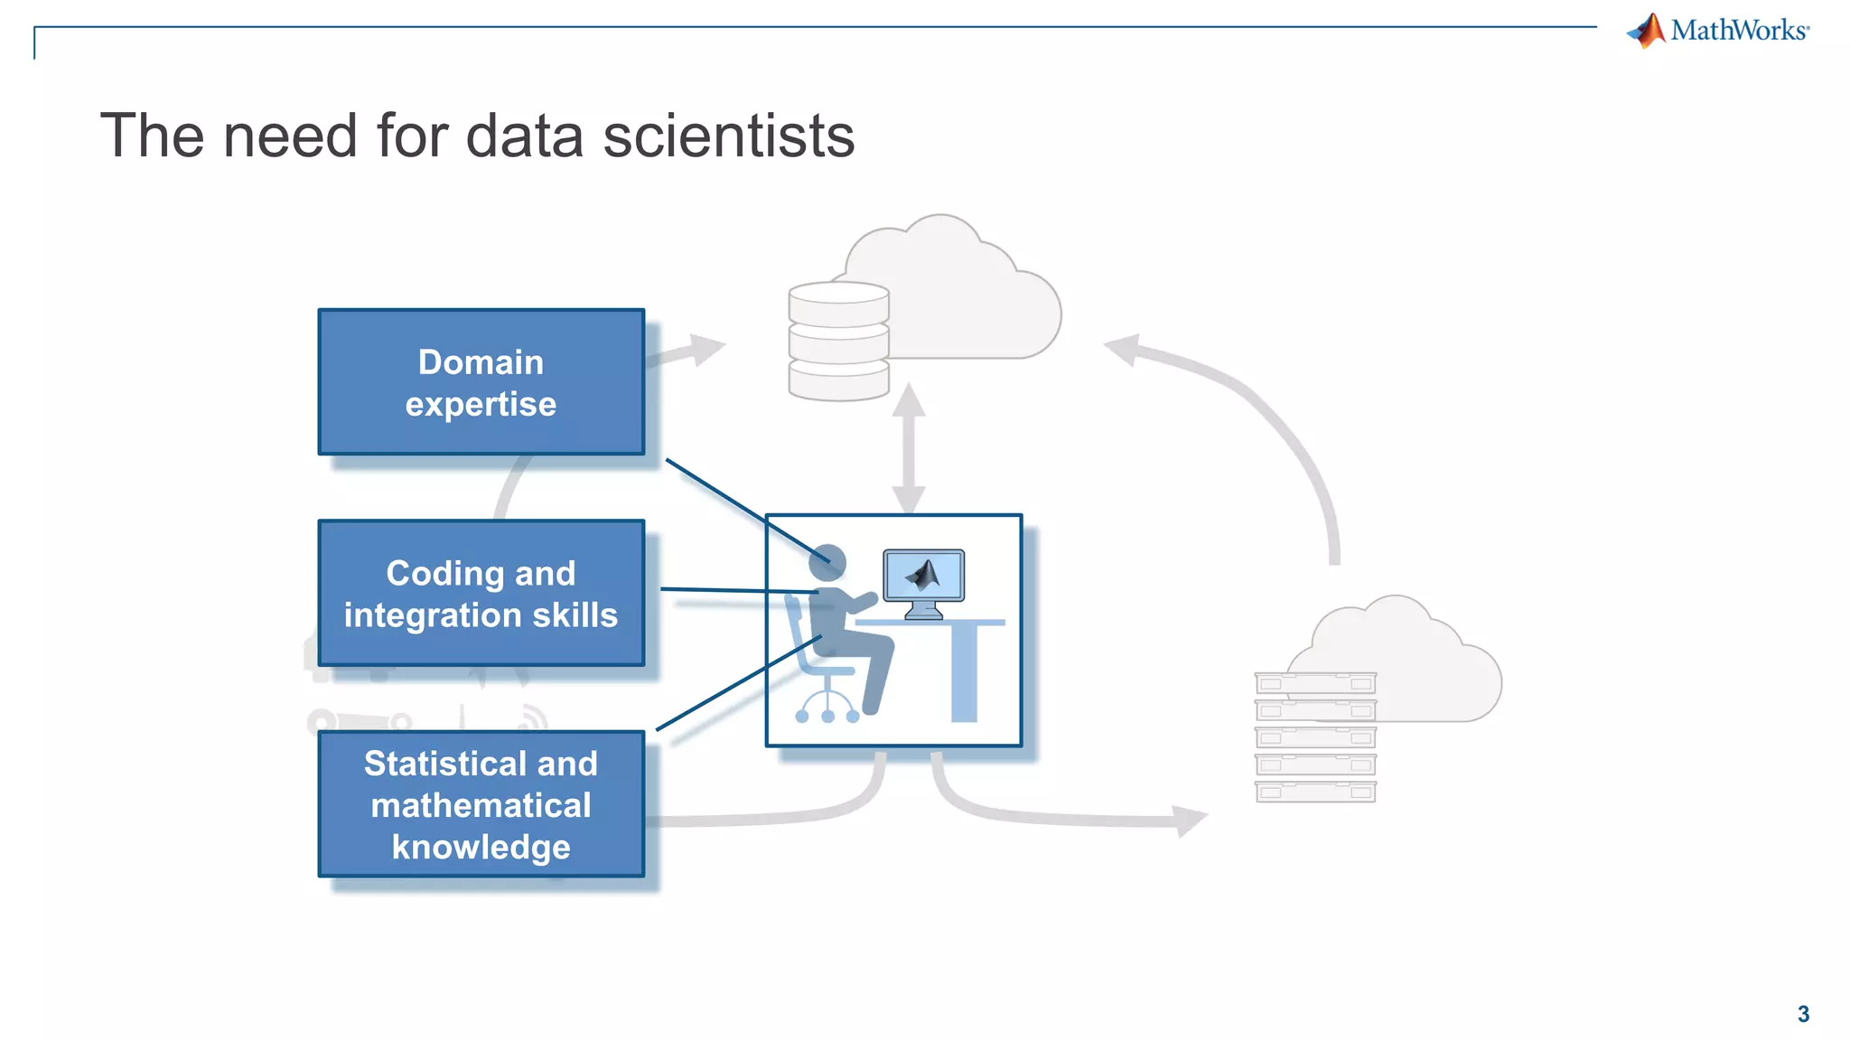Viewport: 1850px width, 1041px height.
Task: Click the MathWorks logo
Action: (1718, 31)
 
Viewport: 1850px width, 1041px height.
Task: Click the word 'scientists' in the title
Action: (728, 136)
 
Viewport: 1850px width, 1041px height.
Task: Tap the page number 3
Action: (1803, 1014)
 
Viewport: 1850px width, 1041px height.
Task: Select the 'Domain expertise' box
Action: (481, 382)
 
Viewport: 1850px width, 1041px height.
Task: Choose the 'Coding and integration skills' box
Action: (481, 594)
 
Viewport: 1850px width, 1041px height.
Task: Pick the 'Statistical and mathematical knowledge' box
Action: (481, 804)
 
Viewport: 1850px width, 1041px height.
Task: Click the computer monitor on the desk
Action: (923, 577)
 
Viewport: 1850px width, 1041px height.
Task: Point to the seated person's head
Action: (828, 562)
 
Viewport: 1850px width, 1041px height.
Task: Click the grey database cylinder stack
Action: (838, 341)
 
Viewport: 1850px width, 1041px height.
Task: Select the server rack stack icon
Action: (1315, 737)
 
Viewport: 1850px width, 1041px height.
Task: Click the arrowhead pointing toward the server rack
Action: (1190, 821)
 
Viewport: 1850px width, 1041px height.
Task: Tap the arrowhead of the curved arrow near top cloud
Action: (1123, 349)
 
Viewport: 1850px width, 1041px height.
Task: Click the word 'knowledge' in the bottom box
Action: (481, 848)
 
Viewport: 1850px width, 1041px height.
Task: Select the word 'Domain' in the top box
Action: (481, 362)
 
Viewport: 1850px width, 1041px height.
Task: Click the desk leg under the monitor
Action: (964, 672)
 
